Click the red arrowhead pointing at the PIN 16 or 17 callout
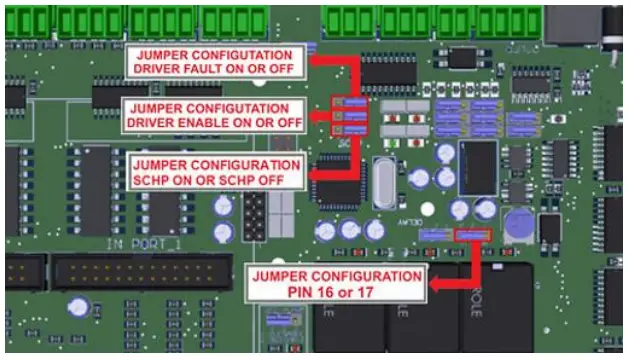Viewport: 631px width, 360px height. click(x=436, y=285)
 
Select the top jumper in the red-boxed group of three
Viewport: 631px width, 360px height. click(x=347, y=103)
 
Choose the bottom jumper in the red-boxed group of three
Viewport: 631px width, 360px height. click(x=347, y=131)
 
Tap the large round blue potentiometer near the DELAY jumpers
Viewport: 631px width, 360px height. click(x=518, y=227)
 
